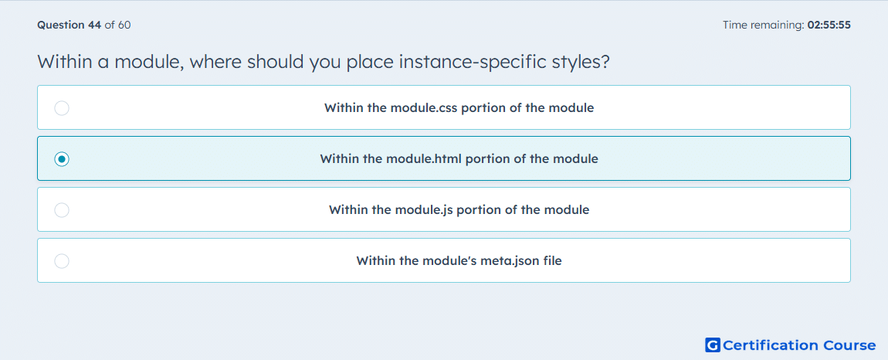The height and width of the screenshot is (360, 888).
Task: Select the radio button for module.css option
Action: point(62,107)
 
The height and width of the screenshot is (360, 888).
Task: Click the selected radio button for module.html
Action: point(62,159)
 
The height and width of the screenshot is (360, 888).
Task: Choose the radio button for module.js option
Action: point(62,210)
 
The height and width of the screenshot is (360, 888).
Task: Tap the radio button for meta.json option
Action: point(62,261)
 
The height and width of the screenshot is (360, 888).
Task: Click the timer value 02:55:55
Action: point(829,25)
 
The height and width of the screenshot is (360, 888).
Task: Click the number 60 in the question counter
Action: point(124,25)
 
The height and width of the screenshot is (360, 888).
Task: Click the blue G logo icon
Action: point(713,345)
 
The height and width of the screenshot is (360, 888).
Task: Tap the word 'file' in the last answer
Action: point(552,261)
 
